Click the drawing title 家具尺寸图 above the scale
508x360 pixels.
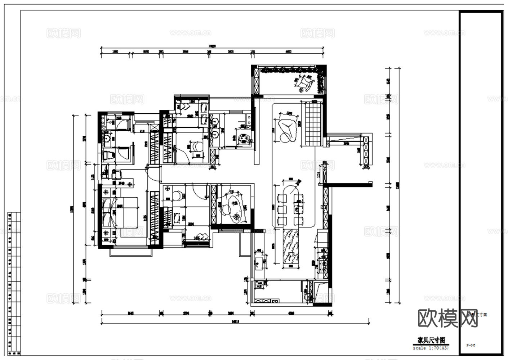(x=431, y=340)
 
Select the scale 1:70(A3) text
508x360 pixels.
(x=431, y=348)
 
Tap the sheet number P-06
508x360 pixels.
(x=471, y=345)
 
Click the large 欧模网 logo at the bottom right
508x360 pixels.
(x=447, y=318)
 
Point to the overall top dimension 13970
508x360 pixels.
(x=212, y=46)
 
